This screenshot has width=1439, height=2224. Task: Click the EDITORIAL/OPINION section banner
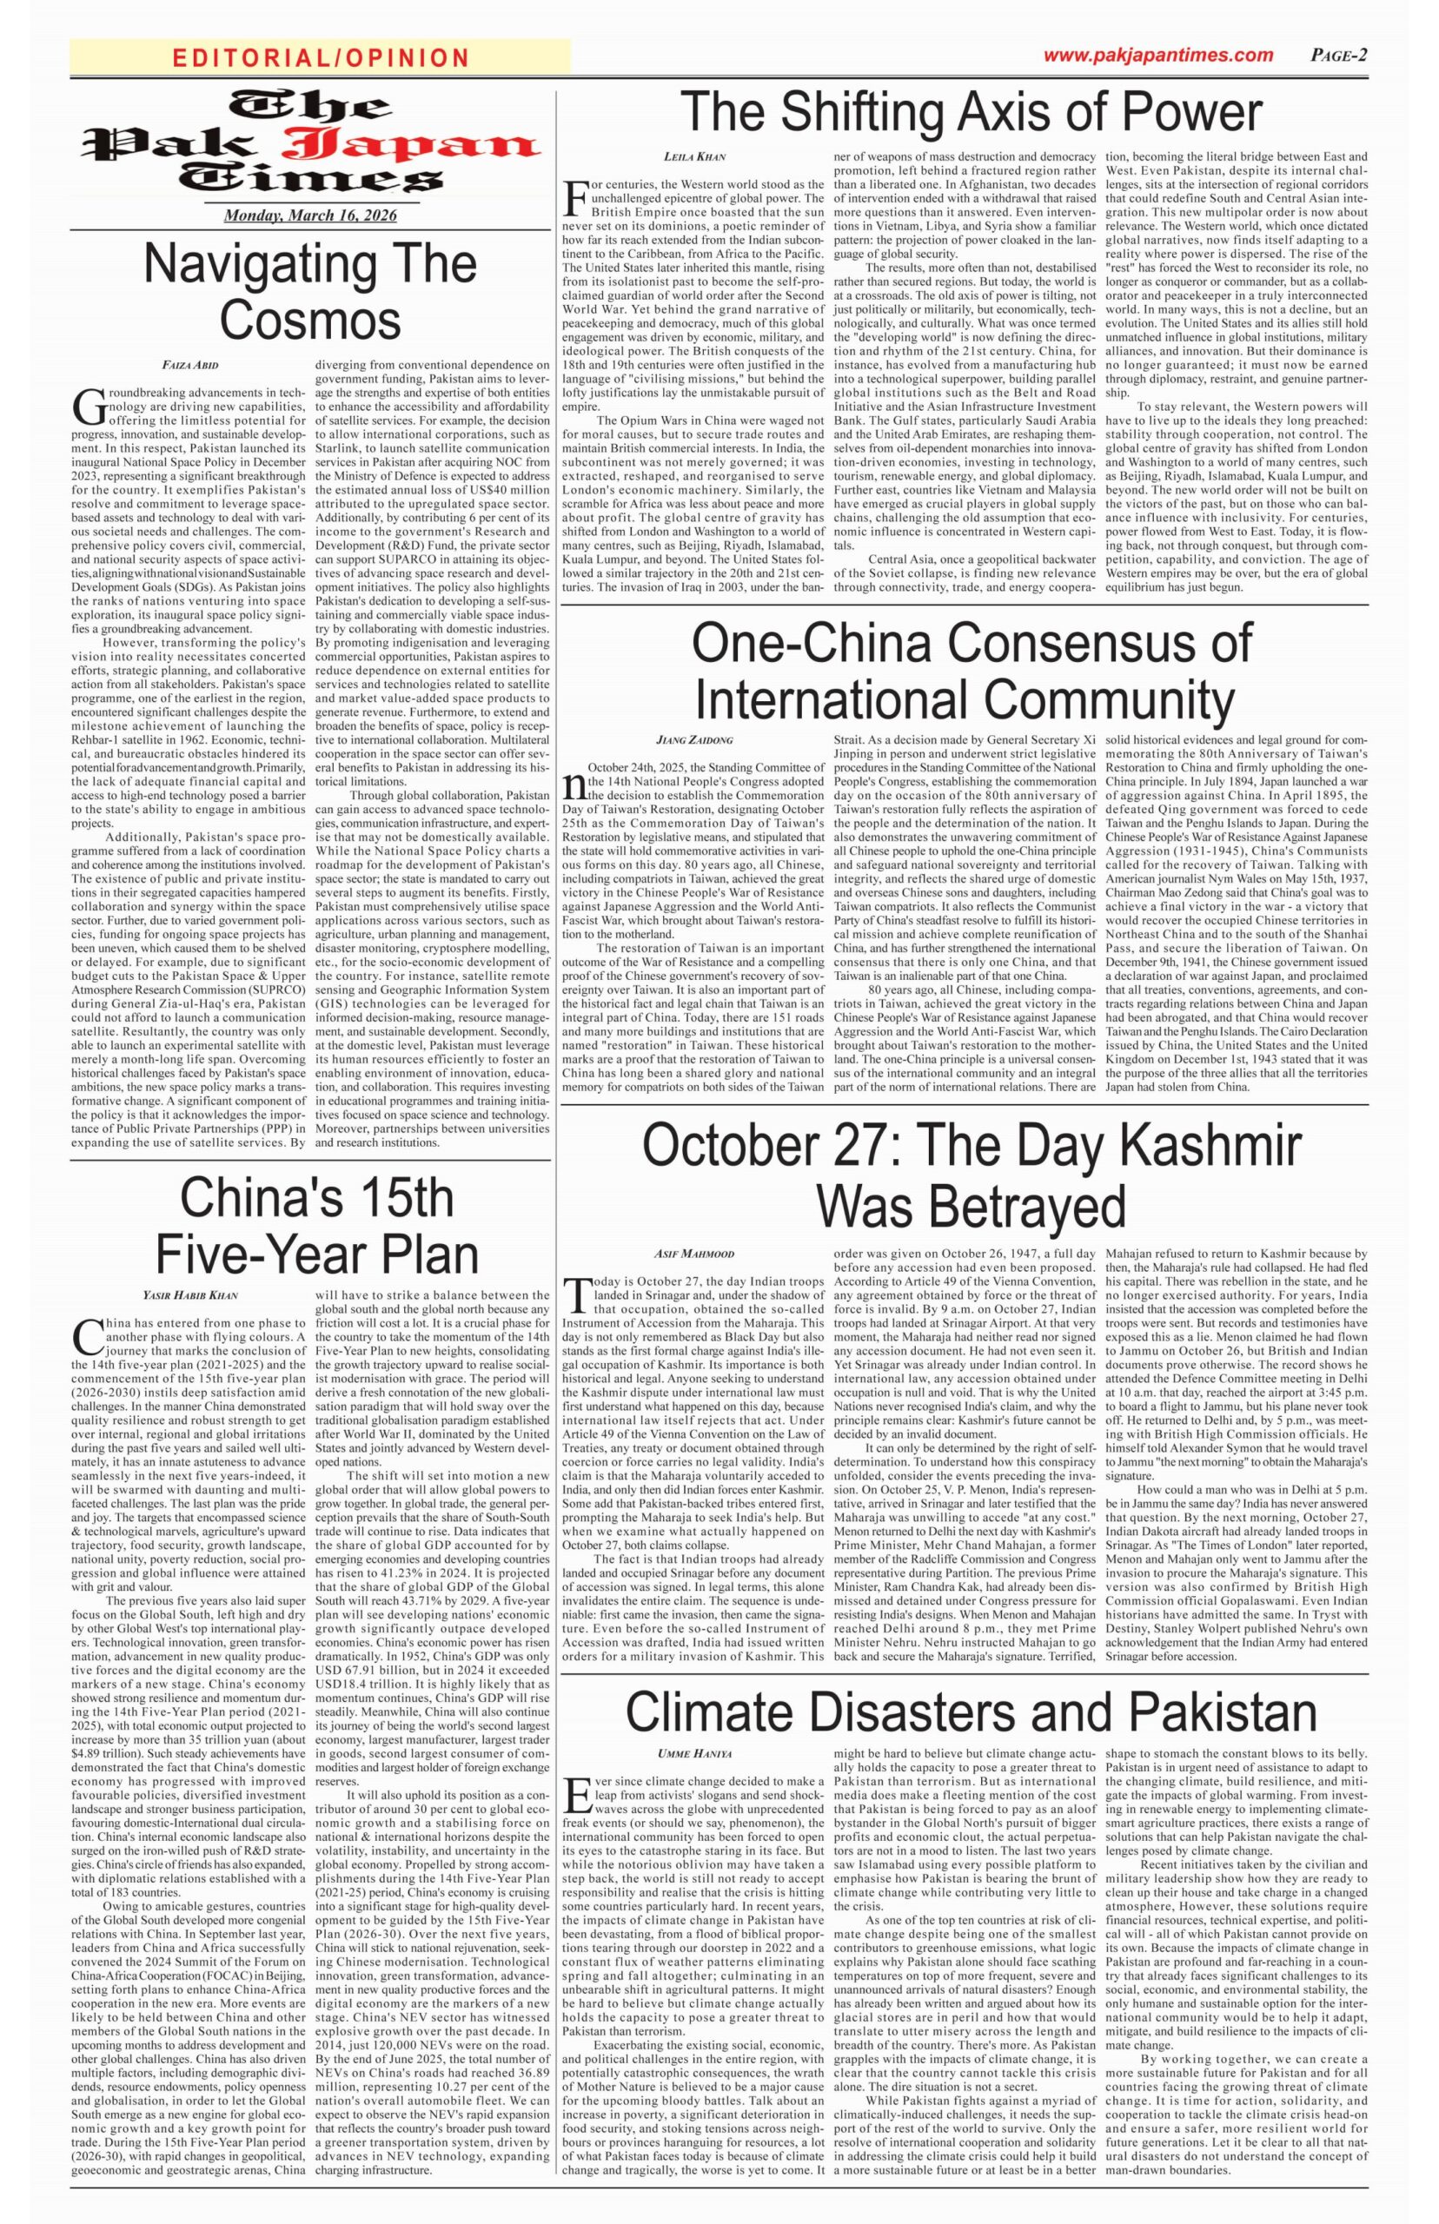pos(321,58)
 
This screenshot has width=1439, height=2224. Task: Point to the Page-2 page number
pos(1338,55)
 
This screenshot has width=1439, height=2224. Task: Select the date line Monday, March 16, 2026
pos(310,215)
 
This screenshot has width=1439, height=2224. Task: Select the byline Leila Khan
pos(694,157)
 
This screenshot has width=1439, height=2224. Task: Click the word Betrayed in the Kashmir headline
pos(971,1207)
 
